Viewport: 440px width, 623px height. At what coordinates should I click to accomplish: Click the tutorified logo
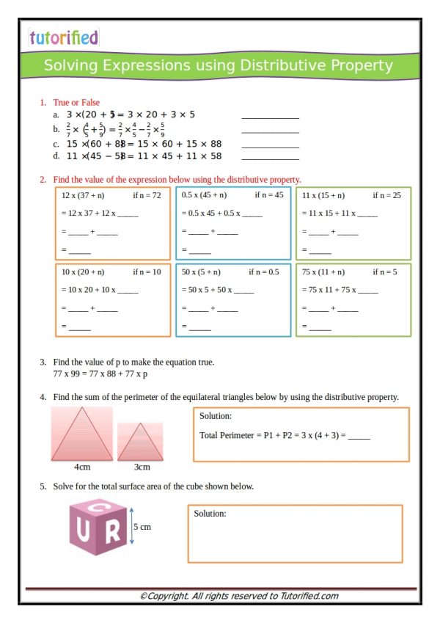tap(63, 37)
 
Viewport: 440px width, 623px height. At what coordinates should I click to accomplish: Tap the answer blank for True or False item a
tap(270, 116)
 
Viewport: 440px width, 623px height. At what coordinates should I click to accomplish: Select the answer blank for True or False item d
tap(270, 157)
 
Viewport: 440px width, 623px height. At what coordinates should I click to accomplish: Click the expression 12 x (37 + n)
tap(83, 196)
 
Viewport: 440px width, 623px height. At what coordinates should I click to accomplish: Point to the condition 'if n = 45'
tap(268, 196)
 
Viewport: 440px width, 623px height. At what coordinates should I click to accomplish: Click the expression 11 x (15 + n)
tap(323, 196)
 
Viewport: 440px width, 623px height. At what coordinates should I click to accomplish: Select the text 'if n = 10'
tap(147, 272)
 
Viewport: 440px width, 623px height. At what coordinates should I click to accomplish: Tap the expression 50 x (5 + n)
tap(203, 272)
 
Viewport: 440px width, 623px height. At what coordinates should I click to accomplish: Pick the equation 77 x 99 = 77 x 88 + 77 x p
tap(100, 374)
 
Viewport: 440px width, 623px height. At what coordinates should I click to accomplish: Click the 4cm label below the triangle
tap(82, 467)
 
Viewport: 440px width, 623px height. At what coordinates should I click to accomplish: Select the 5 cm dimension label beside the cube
tap(142, 527)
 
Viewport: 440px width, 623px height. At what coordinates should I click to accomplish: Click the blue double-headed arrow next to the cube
tap(131, 527)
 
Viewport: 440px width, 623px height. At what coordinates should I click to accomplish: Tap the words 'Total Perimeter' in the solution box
tap(224, 435)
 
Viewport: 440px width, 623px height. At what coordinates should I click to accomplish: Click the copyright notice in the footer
tap(239, 597)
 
